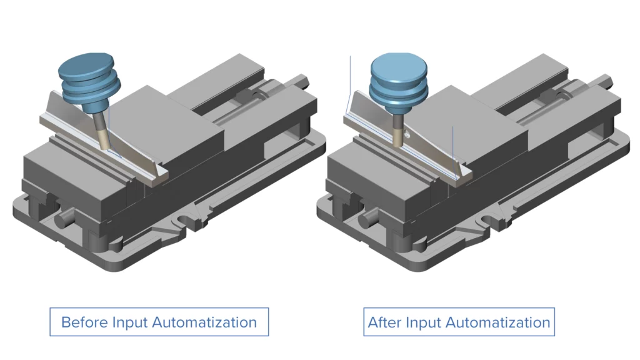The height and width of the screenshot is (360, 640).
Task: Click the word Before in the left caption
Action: click(x=84, y=322)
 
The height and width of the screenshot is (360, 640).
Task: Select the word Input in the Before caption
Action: click(x=130, y=322)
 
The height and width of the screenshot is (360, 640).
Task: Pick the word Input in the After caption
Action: click(x=423, y=322)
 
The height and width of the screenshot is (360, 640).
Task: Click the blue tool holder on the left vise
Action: click(x=88, y=81)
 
